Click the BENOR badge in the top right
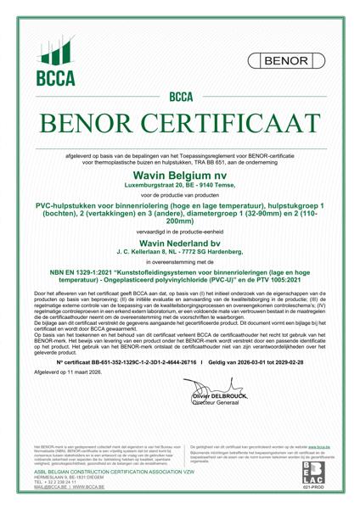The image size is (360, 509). coord(284,62)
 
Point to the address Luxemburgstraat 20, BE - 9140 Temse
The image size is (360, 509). coord(180,183)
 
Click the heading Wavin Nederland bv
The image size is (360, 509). coord(180,243)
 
